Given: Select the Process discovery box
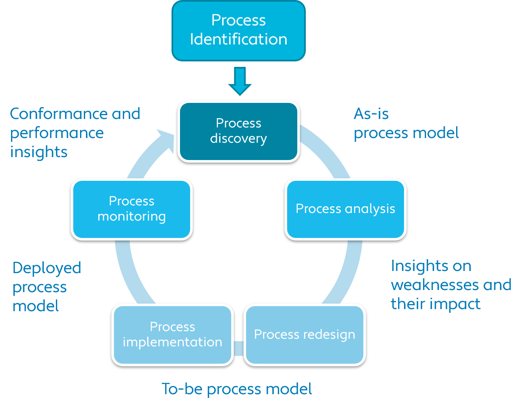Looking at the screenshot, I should pos(238,131).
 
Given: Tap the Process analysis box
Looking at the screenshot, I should pos(345,209).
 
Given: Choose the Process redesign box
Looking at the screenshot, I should pos(305,334).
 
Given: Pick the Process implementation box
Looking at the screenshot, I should pos(172,334).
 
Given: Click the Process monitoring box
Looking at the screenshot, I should pos(131,209).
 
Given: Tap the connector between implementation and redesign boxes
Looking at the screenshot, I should pos(238,348).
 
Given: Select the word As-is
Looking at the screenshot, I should pos(371,113).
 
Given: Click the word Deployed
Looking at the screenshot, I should pos(47,268).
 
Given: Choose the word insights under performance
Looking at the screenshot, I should pos(39,152).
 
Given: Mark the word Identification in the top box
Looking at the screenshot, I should pos(238,39).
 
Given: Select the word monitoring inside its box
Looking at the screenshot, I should pos(131,216).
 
